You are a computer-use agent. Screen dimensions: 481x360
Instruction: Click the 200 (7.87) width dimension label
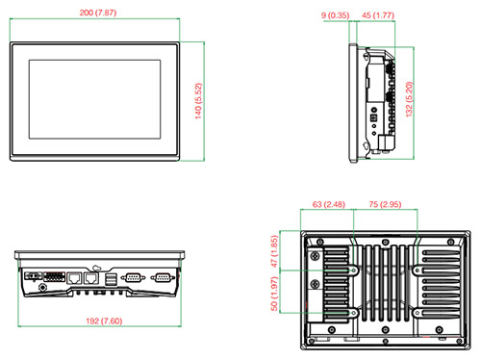point(98,13)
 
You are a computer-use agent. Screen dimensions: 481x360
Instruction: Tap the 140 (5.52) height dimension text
point(198,101)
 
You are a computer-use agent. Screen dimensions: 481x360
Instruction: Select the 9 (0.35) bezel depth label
point(335,15)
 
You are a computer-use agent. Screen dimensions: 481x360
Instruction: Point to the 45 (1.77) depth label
point(378,15)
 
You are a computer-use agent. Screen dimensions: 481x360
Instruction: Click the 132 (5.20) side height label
point(409,99)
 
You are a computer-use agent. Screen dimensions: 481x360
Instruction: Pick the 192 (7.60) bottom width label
point(104,321)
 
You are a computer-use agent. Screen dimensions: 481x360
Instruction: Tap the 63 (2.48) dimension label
point(329,204)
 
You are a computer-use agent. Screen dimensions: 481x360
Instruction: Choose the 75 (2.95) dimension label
point(385,204)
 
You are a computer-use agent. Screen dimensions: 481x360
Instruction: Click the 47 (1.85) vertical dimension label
point(274,251)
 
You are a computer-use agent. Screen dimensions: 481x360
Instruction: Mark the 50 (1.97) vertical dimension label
point(274,294)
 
